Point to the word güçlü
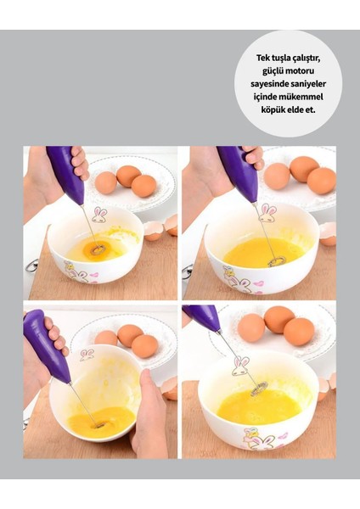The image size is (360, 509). click(x=273, y=71)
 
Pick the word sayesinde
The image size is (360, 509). click(x=267, y=84)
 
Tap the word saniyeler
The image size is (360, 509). click(x=307, y=84)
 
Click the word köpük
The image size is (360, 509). click(x=272, y=109)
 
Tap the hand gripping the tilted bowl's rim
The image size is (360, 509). click(x=149, y=414)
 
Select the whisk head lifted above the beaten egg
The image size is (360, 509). click(x=259, y=389)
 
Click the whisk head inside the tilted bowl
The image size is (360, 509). click(x=99, y=425)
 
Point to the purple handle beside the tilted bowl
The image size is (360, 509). click(x=46, y=346)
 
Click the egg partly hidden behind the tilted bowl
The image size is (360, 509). click(x=105, y=338)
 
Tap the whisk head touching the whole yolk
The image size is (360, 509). click(x=98, y=249)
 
